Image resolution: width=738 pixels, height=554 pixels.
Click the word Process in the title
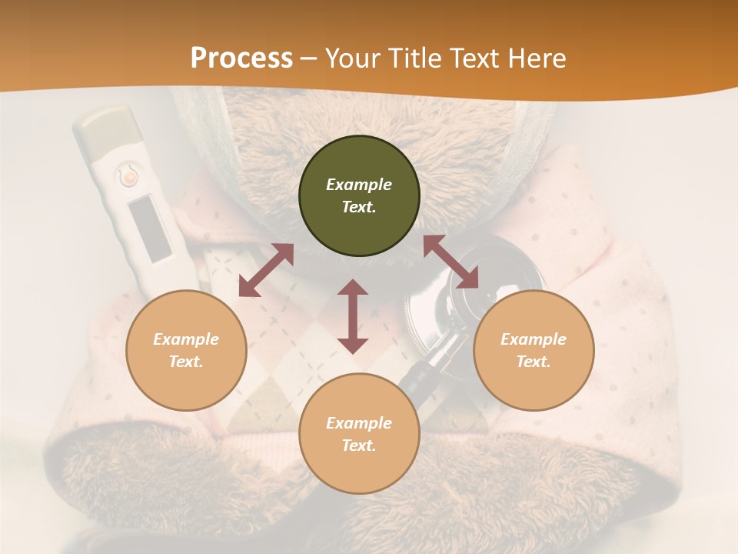[x=241, y=58]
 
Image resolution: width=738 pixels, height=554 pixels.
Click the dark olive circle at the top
[x=359, y=196]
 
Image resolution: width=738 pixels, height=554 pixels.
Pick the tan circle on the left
[x=186, y=350]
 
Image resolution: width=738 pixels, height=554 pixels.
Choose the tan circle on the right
[x=534, y=350]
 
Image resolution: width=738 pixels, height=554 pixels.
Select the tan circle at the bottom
[x=359, y=433]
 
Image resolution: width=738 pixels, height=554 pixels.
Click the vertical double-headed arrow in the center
[x=353, y=316]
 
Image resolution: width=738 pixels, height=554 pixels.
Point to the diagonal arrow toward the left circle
[x=266, y=269]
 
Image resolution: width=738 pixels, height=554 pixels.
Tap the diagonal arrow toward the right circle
[x=450, y=262]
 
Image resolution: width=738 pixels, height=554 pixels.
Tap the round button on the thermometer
[x=128, y=177]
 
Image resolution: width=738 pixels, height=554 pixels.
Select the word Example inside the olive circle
[x=359, y=185]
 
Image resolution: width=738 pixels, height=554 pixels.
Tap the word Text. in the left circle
[x=186, y=362]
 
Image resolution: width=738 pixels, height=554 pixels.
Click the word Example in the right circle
[x=534, y=339]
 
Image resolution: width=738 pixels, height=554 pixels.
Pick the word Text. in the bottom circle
[x=359, y=446]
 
